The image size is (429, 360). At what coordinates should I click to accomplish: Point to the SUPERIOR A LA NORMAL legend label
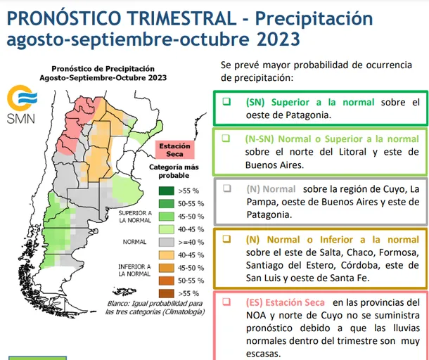(x=134, y=216)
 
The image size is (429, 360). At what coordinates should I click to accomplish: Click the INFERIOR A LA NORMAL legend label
(x=134, y=271)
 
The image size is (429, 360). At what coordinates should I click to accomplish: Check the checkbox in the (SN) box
(x=226, y=102)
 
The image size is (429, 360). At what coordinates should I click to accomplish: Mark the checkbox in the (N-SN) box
(x=226, y=139)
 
